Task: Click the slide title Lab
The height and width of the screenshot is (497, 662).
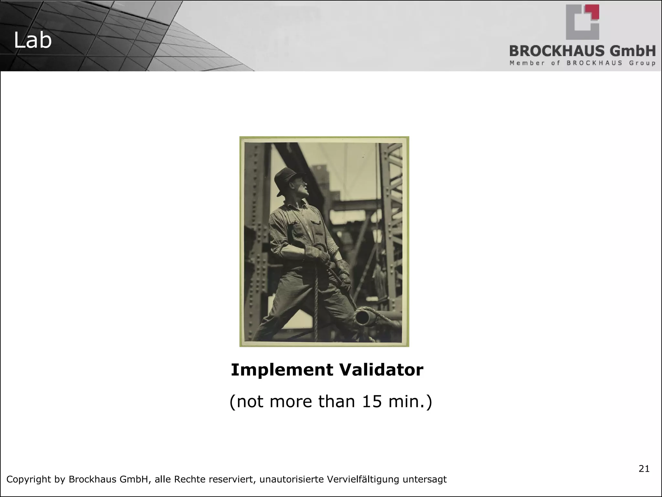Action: click(33, 41)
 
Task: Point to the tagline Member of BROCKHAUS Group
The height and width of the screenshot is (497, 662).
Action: click(582, 63)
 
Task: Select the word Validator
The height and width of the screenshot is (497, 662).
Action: click(380, 370)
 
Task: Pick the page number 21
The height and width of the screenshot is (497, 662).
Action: click(644, 469)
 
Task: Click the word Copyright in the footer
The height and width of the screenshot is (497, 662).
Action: click(28, 480)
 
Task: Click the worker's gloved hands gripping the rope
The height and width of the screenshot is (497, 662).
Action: click(323, 256)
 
